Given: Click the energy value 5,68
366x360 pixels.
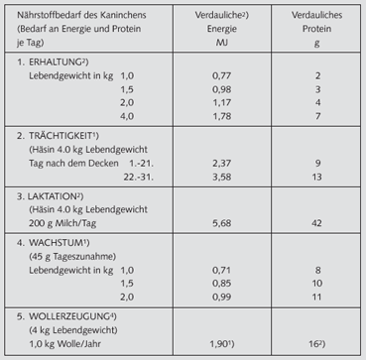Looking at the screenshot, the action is tap(222, 222).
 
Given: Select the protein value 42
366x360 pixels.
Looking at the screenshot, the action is tap(317, 222).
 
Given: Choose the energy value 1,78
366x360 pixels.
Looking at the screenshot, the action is tap(222, 116).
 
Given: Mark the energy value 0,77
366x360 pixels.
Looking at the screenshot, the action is tap(222, 74).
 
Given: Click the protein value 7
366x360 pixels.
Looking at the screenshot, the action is tap(317, 116).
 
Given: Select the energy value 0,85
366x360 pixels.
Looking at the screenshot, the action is tap(222, 283).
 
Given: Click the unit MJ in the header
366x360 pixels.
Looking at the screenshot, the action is tap(222, 44).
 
